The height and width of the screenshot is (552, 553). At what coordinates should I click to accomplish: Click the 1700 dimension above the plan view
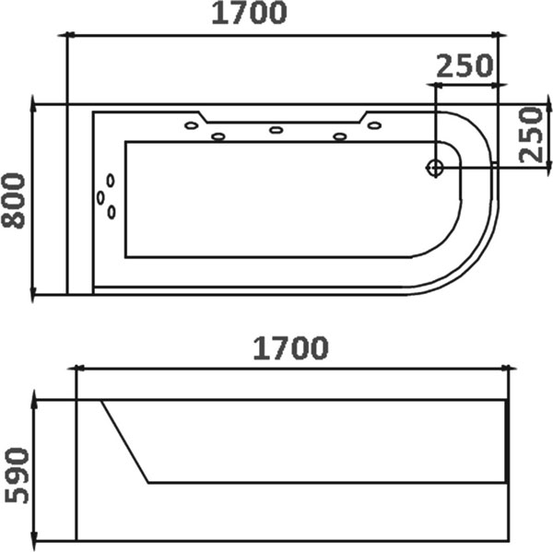(249, 13)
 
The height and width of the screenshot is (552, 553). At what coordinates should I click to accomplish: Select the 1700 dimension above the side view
(291, 348)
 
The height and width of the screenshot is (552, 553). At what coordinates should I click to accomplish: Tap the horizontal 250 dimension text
(465, 66)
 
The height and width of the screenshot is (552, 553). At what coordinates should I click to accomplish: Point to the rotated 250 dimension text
(531, 135)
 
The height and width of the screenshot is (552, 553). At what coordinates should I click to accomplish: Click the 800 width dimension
(14, 200)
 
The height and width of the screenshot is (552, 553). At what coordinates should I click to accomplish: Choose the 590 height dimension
(17, 476)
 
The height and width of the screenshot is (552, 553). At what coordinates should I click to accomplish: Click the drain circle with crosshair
(435, 168)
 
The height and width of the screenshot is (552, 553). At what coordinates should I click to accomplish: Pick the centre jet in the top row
(276, 130)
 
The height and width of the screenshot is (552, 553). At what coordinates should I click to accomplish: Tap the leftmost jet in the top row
(192, 125)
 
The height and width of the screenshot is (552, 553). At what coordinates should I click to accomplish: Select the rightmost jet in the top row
(374, 125)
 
